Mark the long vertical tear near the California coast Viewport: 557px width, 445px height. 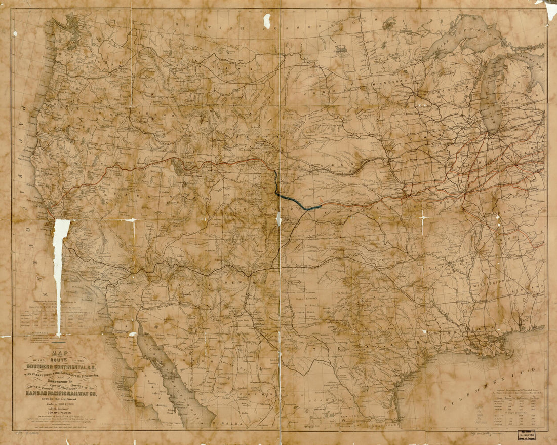click(x=59, y=274)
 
